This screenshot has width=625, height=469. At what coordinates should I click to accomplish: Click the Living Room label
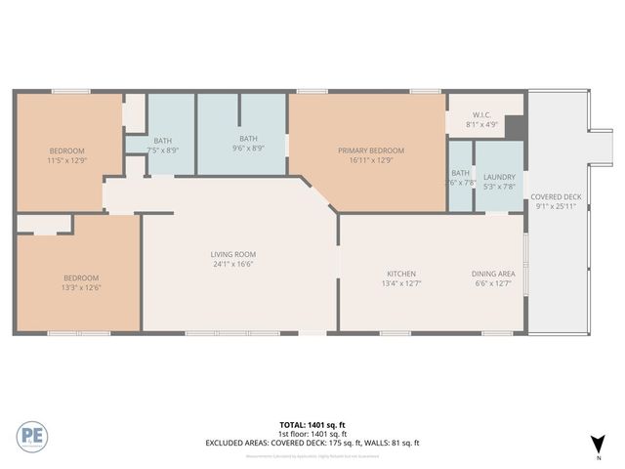[232, 254]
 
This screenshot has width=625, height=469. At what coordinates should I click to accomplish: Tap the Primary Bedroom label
[371, 150]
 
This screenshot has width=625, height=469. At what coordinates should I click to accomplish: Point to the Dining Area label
[493, 274]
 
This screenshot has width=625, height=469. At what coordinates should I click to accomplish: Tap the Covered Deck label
[555, 195]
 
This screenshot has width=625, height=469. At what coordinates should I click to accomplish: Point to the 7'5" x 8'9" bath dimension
[163, 150]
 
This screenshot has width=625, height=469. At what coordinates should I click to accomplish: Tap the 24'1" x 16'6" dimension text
[232, 265]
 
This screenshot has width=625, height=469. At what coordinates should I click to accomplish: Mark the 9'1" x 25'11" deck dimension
[555, 206]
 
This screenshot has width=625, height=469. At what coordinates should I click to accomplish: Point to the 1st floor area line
[312, 433]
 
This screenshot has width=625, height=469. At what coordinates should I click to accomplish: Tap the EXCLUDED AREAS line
[312, 443]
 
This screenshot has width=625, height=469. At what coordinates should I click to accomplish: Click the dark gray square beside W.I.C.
[516, 128]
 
